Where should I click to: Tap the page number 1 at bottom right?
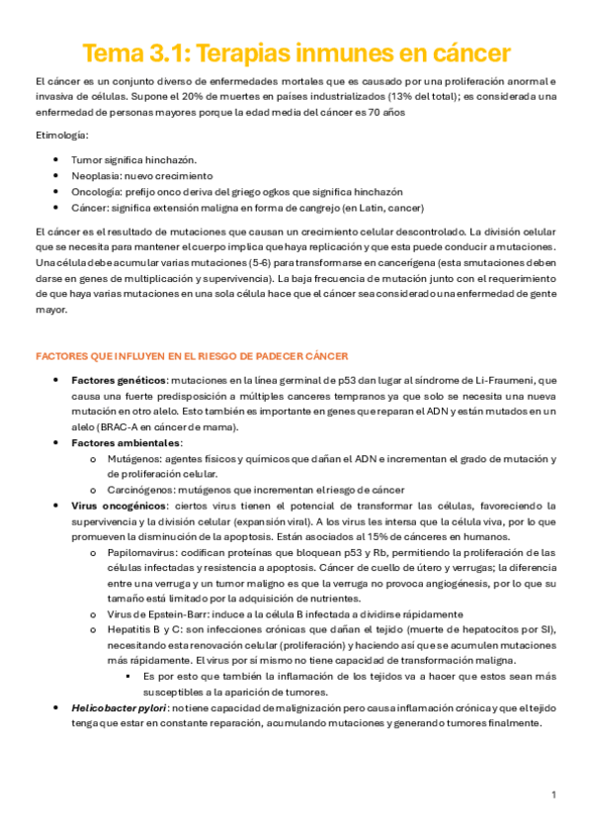(554, 794)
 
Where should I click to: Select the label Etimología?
(60, 134)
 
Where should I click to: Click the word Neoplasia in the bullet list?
(95, 175)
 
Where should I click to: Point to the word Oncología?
(96, 191)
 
